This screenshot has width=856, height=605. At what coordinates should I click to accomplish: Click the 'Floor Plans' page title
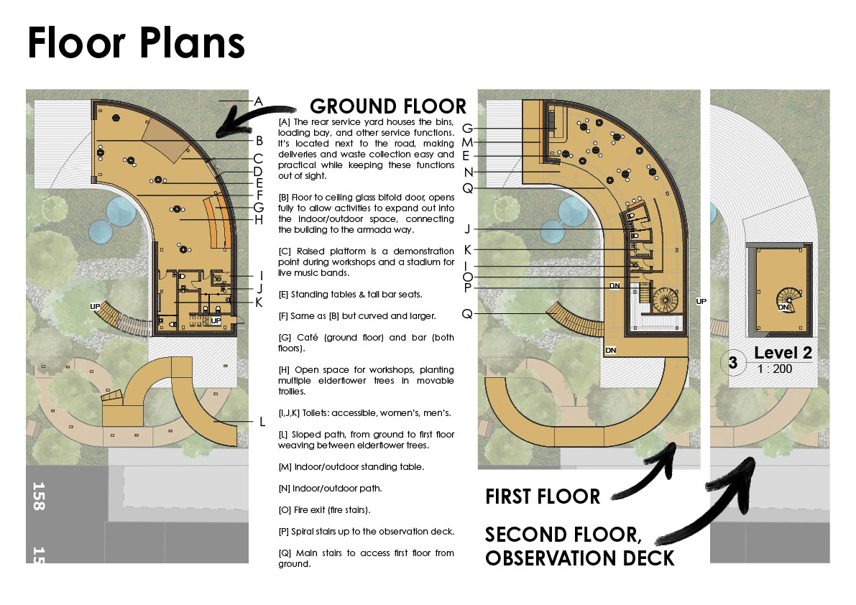[137, 44]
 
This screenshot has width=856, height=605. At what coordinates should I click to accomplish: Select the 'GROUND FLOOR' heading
[388, 106]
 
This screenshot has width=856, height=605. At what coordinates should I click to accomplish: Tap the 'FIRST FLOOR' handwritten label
[543, 497]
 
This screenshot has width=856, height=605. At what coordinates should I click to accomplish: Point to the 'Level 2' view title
[783, 353]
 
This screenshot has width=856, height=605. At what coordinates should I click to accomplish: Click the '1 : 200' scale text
[775, 369]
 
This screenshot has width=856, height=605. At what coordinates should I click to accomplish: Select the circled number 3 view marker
[732, 362]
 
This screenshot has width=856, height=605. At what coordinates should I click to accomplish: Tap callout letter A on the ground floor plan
[259, 101]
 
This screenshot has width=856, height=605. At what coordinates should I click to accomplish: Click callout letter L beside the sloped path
[262, 422]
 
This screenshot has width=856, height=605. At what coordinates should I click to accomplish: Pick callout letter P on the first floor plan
[467, 288]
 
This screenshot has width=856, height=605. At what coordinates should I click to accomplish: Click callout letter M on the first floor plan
[467, 142]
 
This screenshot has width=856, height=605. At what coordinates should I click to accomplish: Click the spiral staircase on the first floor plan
[665, 300]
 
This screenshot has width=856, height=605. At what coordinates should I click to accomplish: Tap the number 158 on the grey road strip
[39, 496]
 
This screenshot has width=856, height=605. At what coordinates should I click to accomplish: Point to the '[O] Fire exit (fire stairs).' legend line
[324, 510]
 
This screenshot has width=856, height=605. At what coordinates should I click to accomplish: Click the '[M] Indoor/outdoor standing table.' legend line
[351, 467]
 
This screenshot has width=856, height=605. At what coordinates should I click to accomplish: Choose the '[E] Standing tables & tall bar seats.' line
[350, 295]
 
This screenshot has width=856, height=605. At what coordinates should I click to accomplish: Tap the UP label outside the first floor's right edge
[701, 301]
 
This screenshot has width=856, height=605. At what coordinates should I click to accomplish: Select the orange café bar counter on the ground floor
[217, 221]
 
